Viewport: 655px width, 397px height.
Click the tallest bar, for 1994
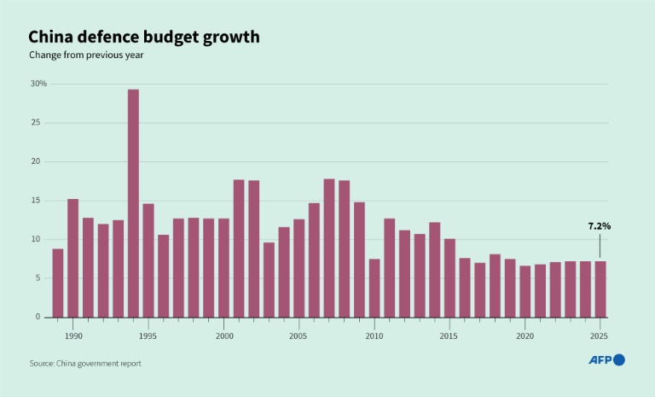coord(133,203)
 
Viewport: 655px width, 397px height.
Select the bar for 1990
coord(72,258)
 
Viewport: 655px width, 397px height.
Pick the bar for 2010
coord(374,288)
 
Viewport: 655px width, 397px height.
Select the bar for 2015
coord(449,277)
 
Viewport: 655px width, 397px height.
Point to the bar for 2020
coord(525,291)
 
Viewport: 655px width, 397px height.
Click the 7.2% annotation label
coord(600,226)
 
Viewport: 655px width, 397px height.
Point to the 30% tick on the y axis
coord(38,84)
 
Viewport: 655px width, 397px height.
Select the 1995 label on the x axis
coord(148,336)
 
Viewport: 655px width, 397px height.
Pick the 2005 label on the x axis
coord(299,336)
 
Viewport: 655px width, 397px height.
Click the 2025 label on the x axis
coord(600,336)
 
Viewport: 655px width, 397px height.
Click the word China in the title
coord(53,37)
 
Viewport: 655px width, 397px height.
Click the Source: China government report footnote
coord(85,364)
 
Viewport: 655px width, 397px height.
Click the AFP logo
coord(606,360)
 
